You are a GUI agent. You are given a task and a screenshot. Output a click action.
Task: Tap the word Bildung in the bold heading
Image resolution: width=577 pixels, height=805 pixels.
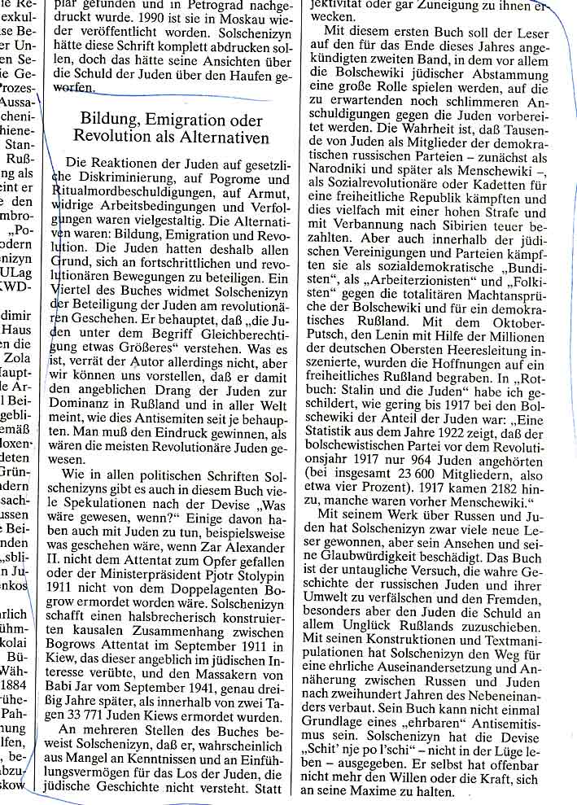(111, 120)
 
